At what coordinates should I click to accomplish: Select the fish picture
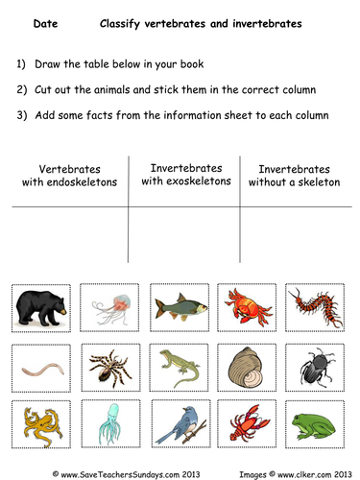coord(180,310)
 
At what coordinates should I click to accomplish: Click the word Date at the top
coord(44,20)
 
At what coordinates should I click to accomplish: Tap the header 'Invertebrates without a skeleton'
coord(293,175)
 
